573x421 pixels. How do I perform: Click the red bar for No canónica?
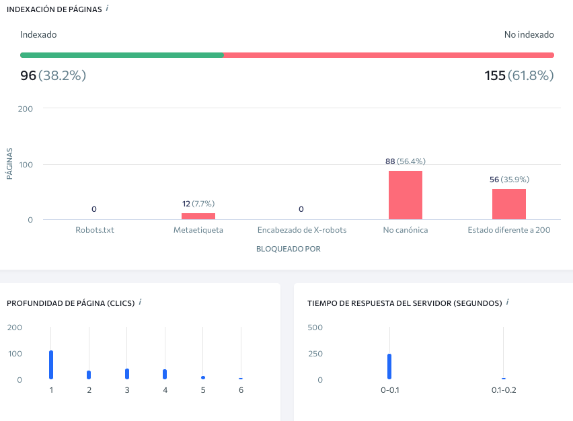pos(406,195)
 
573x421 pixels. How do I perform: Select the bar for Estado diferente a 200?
pos(509,204)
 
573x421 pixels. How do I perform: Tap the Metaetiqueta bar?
pos(198,216)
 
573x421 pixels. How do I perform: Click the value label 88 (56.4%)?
pos(406,161)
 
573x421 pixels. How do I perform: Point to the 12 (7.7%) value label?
pos(198,204)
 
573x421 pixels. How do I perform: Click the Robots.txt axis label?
pos(95,230)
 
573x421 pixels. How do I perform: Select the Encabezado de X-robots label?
pos(302,230)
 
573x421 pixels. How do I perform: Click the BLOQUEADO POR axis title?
pos(289,249)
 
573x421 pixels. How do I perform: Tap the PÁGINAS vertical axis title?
pos(9,163)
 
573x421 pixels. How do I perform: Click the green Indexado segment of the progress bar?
pos(122,55)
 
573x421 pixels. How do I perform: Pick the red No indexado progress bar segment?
pos(389,55)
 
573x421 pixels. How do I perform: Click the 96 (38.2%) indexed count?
pos(53,75)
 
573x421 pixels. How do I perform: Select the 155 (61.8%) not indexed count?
pos(519,75)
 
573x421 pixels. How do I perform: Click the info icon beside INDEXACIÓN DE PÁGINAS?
pos(107,8)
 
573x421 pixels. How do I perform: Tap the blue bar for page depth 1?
pos(51,365)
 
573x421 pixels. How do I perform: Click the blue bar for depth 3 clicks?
pos(127,374)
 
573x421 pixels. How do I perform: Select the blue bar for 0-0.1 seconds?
pos(389,367)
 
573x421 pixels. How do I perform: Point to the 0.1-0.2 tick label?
pos(504,390)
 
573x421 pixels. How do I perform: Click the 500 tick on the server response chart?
pos(315,328)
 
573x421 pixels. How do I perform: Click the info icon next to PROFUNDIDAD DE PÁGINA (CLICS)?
pos(140,302)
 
